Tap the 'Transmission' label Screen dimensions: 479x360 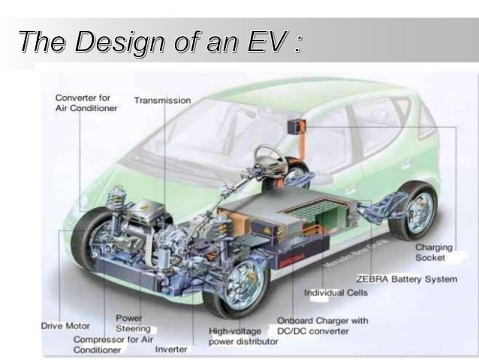click(x=162, y=100)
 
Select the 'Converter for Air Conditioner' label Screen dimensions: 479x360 click(x=86, y=103)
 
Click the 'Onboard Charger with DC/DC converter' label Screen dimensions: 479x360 click(x=323, y=326)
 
